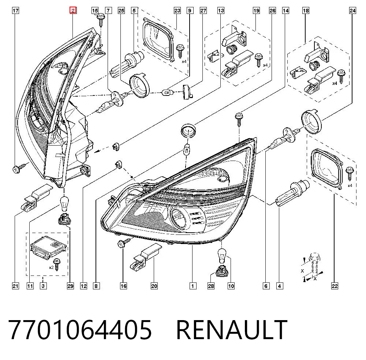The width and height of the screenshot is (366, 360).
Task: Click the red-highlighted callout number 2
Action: (73, 10)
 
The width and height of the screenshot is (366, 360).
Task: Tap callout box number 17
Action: (15, 11)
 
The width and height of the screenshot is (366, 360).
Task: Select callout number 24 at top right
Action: (352, 11)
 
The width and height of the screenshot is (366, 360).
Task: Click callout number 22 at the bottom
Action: (335, 286)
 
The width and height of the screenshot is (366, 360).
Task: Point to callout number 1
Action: (193, 286)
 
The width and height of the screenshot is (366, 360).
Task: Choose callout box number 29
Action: (70, 286)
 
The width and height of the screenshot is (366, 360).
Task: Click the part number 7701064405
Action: (80, 330)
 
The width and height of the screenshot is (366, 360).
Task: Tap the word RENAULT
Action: (232, 330)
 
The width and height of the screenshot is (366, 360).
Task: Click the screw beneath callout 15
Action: (101, 19)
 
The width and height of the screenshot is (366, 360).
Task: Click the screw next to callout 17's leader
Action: (19, 168)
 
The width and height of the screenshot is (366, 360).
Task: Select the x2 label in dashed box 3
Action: (51, 267)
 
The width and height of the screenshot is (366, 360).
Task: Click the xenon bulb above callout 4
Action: (292, 192)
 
